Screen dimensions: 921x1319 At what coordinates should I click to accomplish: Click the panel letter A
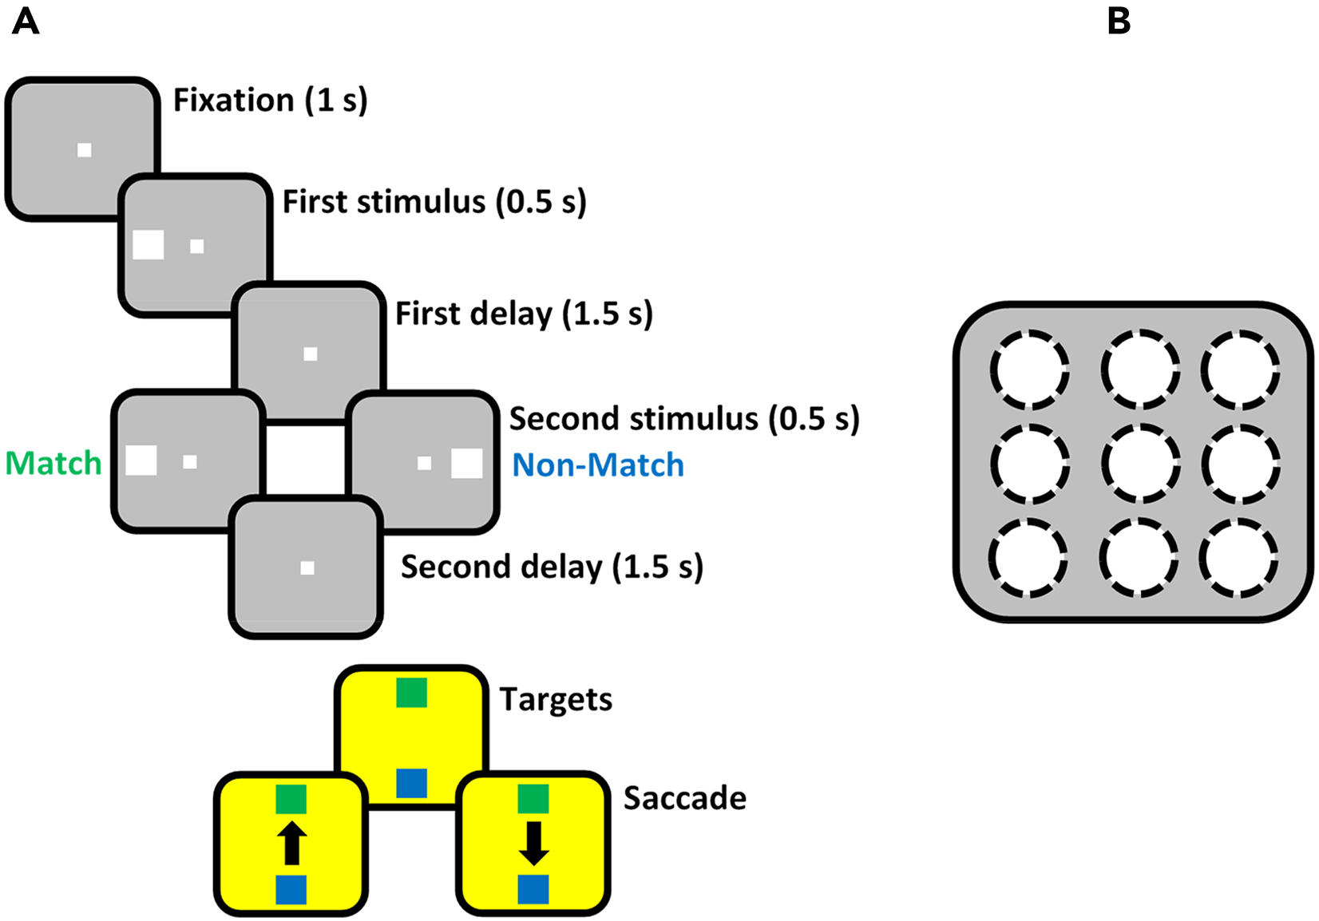(26, 22)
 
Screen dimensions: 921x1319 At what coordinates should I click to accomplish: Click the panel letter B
(1119, 22)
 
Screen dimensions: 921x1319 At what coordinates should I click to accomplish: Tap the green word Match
(53, 464)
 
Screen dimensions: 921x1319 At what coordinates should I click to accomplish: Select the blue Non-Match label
(598, 465)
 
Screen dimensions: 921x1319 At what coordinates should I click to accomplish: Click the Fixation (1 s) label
(270, 101)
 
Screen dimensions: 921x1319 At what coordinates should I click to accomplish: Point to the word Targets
(556, 699)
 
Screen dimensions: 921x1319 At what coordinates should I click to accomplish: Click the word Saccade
(684, 798)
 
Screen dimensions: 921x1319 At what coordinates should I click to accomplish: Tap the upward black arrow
(291, 844)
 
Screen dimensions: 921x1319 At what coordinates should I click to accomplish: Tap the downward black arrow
(533, 844)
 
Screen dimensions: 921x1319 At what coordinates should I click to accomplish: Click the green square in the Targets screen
(411, 693)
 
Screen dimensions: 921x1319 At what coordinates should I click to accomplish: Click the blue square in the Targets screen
(411, 783)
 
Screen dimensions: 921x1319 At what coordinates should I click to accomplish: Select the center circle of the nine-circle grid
(1139, 464)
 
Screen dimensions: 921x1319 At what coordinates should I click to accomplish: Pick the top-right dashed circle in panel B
(1240, 370)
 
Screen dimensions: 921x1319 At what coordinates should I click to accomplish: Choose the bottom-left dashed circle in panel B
(1028, 558)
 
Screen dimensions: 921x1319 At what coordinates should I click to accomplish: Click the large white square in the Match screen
(141, 460)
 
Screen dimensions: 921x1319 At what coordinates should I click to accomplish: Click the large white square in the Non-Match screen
(467, 464)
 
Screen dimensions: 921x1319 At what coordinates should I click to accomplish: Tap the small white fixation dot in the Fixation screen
(84, 150)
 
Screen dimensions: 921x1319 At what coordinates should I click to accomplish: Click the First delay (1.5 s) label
(524, 314)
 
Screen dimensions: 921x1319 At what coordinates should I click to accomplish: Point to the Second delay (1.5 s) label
(552, 567)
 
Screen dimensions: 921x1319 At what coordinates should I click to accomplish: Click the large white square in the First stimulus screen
(149, 244)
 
